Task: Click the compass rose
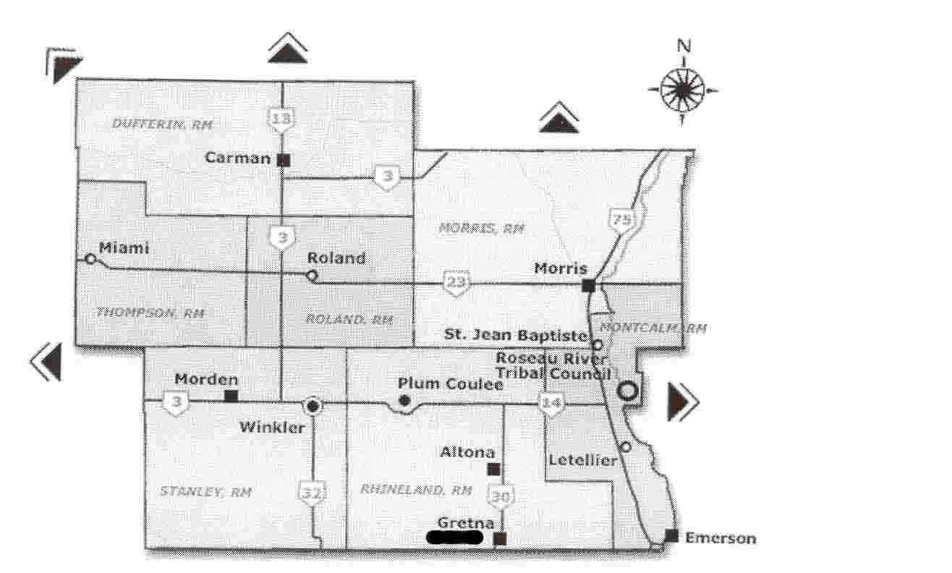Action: pos(682,90)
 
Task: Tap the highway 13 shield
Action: pos(281,119)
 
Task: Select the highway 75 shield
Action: pos(621,218)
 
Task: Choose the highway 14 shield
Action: pos(551,404)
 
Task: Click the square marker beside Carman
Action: pos(284,159)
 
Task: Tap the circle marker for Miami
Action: pos(90,258)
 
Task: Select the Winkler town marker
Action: pos(313,406)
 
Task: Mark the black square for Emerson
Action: pos(671,535)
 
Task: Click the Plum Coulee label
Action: pos(451,384)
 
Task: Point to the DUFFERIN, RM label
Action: pos(162,124)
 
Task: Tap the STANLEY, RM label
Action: pos(205,492)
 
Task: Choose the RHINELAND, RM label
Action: pos(416,490)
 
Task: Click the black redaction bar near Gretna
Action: pos(455,537)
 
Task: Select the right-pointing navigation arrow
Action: pos(682,400)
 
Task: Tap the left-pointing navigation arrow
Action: pos(46,360)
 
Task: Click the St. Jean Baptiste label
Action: pos(514,335)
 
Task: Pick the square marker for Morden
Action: pos(231,396)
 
